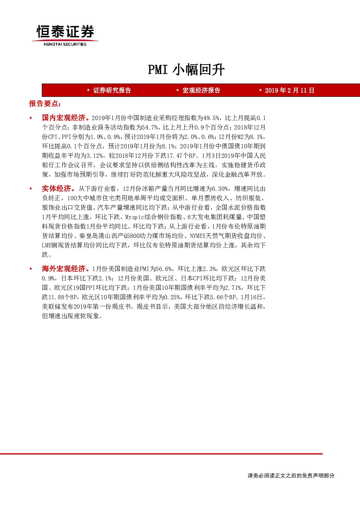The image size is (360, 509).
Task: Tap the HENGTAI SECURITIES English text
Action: (x=65, y=44)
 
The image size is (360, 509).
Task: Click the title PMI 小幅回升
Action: (x=187, y=69)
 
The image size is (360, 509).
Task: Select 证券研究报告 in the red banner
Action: (x=112, y=90)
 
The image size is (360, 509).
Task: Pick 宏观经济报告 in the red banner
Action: (x=201, y=90)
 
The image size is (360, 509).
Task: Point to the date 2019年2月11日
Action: (x=290, y=90)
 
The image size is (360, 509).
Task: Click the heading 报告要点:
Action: (x=45, y=104)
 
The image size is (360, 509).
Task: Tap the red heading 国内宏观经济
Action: (x=64, y=118)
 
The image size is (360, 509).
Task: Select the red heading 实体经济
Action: (x=56, y=189)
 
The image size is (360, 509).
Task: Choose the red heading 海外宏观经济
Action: (x=64, y=269)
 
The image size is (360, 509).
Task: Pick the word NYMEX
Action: (x=198, y=236)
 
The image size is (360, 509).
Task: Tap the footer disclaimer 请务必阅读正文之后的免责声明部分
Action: (x=291, y=476)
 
